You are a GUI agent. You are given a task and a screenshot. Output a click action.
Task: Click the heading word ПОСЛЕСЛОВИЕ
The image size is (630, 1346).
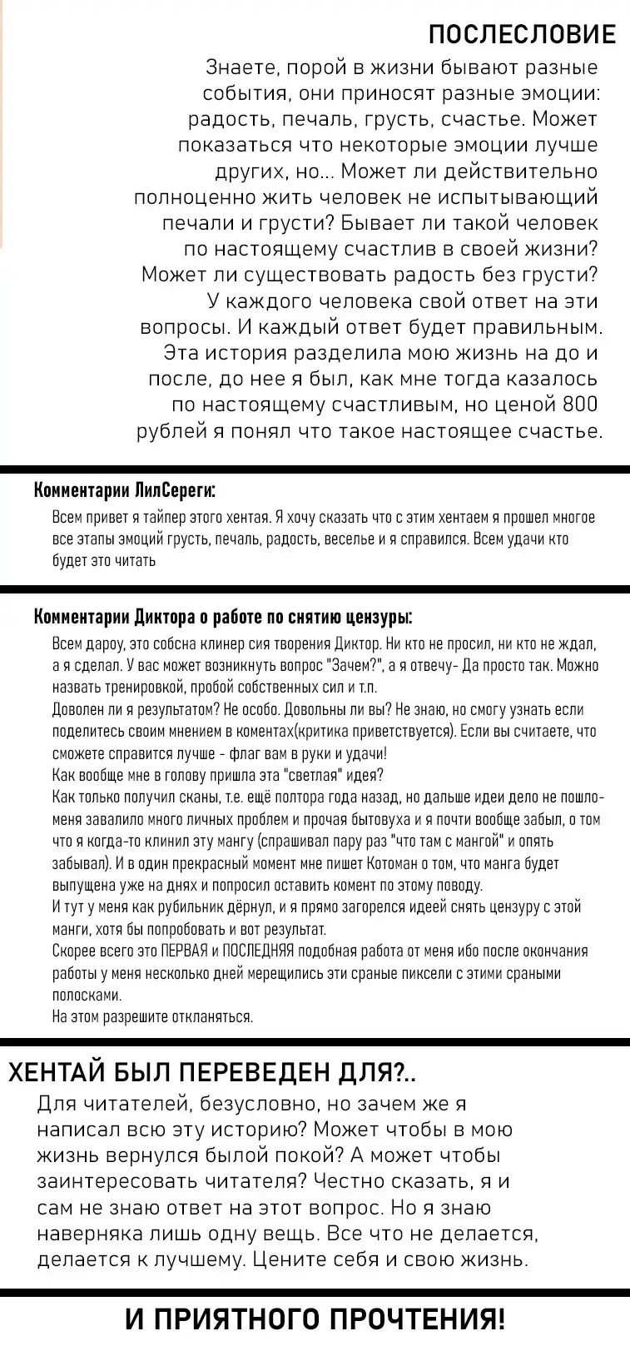pos(522,34)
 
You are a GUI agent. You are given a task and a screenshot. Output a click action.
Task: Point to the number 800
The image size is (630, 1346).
pos(580,405)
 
